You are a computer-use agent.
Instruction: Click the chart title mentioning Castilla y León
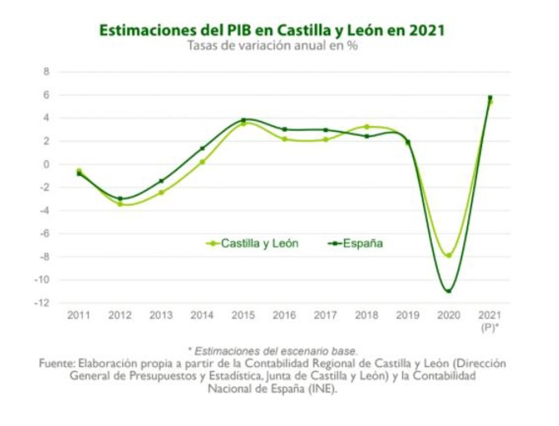[x=272, y=30]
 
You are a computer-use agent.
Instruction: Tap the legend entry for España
[x=356, y=243]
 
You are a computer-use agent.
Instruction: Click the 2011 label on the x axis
[x=79, y=315]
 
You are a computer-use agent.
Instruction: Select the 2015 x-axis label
[x=243, y=315]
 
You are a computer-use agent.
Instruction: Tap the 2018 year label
[x=367, y=315]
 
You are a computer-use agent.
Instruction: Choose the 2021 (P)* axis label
[x=490, y=320]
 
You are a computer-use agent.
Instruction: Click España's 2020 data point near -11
[x=449, y=291]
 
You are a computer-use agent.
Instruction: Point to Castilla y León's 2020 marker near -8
[x=449, y=255]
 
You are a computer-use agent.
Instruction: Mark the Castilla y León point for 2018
[x=367, y=126]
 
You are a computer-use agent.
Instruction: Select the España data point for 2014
[x=202, y=148]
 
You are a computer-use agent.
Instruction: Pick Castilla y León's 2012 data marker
[x=120, y=204]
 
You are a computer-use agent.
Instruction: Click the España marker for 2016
[x=284, y=129]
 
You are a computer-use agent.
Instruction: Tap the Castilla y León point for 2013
[x=161, y=192]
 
